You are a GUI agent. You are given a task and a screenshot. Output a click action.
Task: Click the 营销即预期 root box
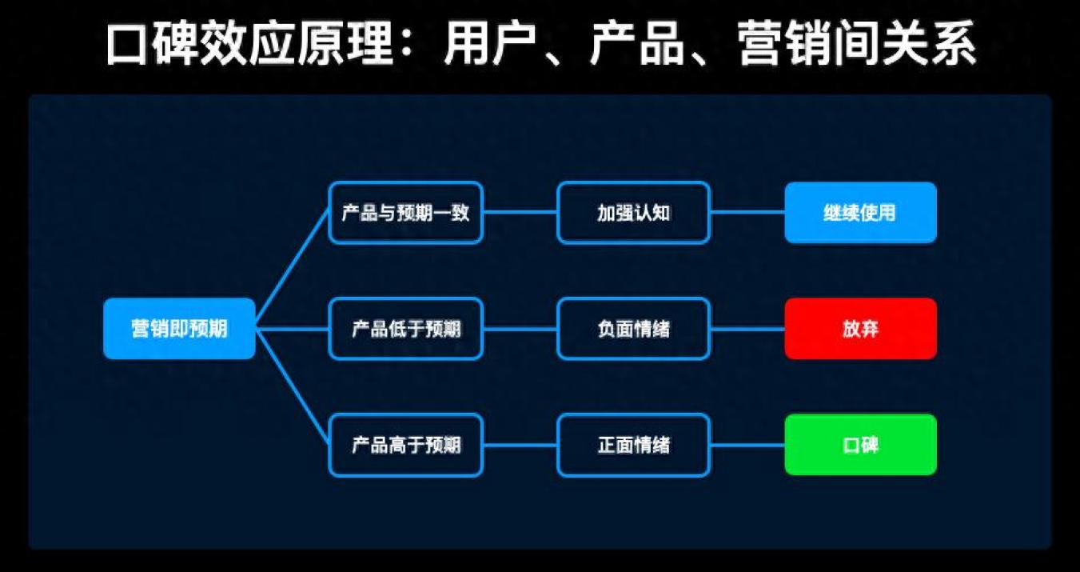(179, 329)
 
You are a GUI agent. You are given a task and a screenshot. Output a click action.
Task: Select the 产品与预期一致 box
(405, 213)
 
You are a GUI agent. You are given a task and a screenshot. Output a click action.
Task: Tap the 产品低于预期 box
(405, 329)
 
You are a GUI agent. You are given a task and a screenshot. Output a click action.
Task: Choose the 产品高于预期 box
(405, 445)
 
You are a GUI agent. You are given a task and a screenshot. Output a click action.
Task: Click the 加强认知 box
(634, 213)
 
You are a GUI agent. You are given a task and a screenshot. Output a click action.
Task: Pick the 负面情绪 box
(634, 329)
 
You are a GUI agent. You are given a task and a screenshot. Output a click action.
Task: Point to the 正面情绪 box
(634, 445)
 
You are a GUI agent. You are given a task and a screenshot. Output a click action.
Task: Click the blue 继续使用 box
(861, 213)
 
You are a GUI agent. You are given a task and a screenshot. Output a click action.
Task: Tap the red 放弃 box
(861, 329)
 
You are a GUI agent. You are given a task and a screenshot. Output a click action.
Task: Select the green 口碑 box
(861, 445)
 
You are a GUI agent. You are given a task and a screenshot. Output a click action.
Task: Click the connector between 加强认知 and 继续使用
(747, 212)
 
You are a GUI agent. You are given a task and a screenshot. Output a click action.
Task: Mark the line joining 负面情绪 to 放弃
(747, 330)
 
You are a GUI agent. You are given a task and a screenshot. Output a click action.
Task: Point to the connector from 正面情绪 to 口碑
(747, 445)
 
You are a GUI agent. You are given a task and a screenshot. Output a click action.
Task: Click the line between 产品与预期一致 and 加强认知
(520, 212)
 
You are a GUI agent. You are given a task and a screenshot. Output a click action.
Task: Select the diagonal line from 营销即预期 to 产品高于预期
(292, 385)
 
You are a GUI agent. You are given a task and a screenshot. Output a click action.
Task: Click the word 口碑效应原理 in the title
(249, 43)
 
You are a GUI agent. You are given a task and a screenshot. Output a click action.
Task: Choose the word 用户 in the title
(490, 43)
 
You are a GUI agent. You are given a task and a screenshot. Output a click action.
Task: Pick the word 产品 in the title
(637, 43)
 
